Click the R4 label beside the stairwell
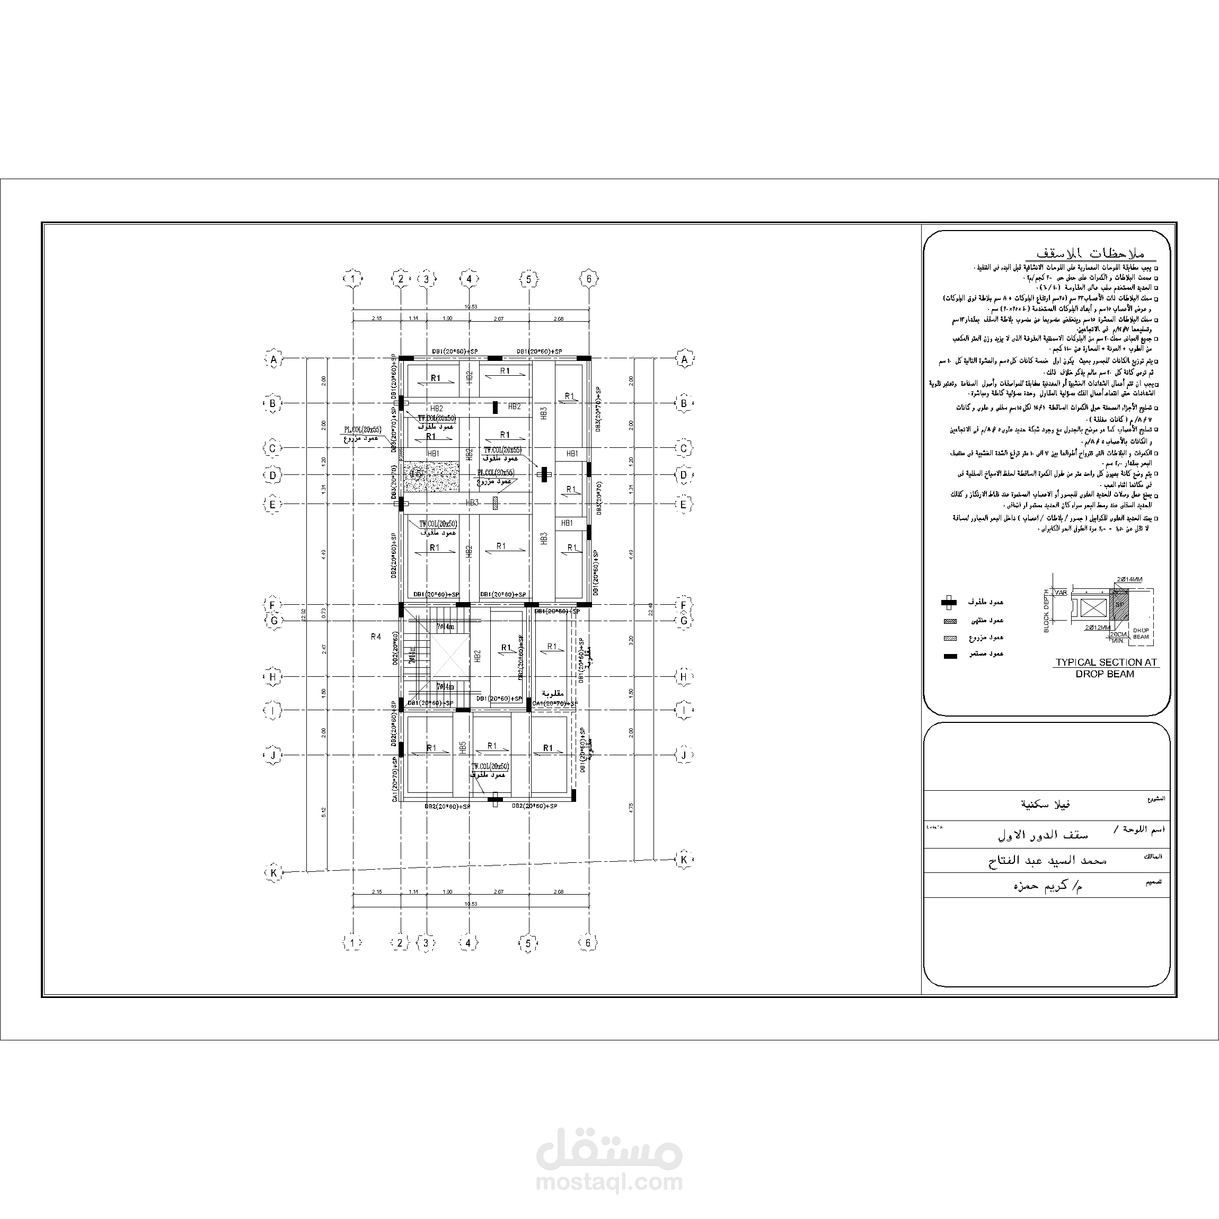click(x=376, y=637)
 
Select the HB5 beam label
click(x=463, y=748)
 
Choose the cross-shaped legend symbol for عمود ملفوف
click(x=948, y=603)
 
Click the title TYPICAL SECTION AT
click(x=1106, y=662)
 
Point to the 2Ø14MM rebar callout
click(x=1129, y=579)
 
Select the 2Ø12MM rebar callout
click(x=1099, y=628)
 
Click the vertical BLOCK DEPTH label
click(x=1046, y=611)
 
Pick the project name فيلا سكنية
click(x=1046, y=805)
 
